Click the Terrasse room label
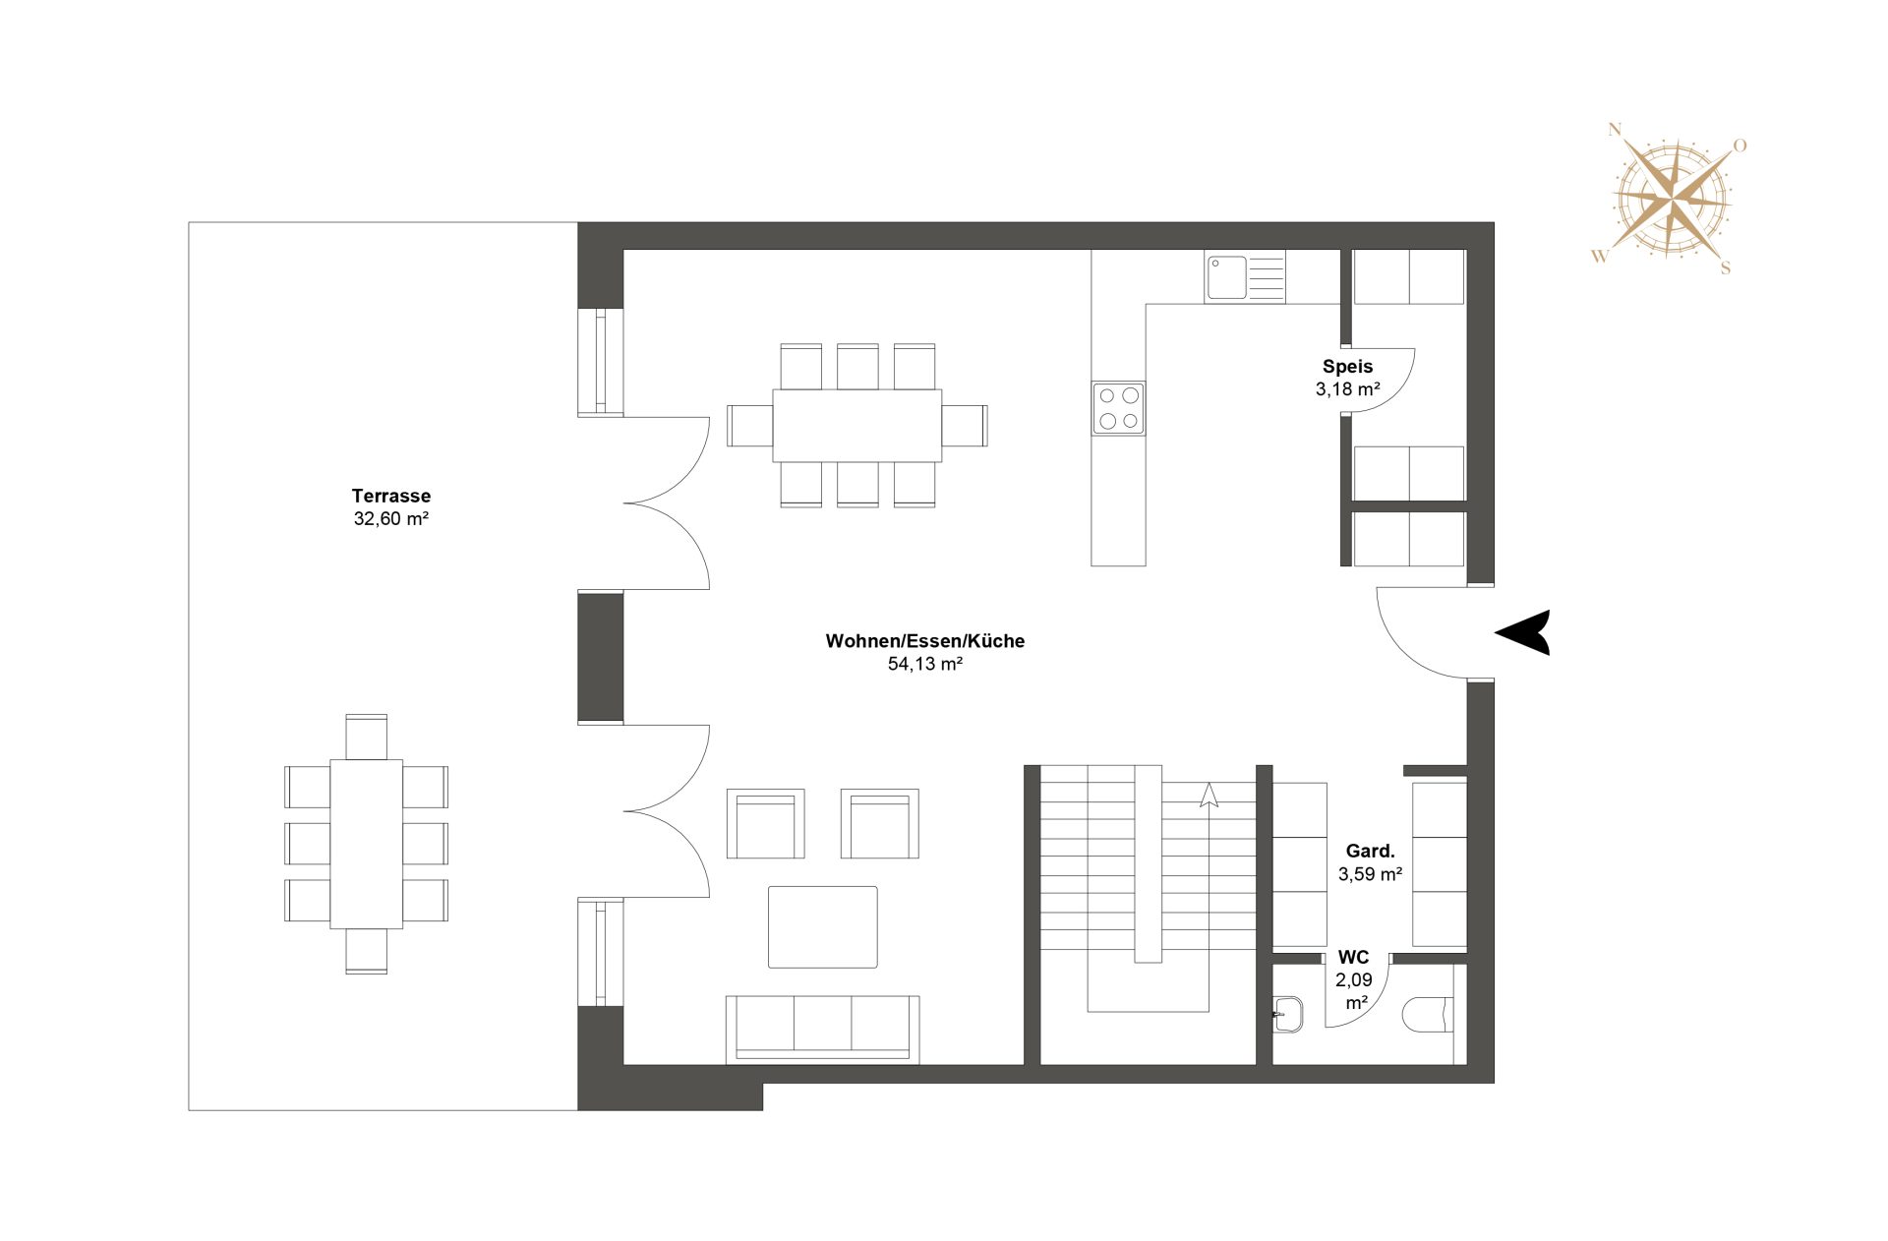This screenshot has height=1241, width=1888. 390,496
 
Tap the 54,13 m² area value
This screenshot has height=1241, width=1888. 924,664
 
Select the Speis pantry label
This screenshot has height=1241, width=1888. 1347,366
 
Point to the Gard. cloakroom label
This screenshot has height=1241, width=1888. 1370,851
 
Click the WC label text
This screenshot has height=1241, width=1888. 1353,957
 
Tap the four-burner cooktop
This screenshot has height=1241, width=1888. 1118,408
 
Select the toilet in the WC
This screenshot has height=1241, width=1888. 1427,1015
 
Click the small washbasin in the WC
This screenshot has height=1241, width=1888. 1288,1014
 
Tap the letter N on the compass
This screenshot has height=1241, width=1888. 1614,130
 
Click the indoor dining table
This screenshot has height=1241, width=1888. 856,426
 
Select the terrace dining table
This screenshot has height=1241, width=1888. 366,844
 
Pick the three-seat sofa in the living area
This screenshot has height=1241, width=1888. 822,1028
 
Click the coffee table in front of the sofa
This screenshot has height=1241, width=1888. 822,926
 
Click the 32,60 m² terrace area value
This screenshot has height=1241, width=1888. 390,519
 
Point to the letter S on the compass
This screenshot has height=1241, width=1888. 1725,268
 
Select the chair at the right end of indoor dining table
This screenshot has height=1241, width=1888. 965,426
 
